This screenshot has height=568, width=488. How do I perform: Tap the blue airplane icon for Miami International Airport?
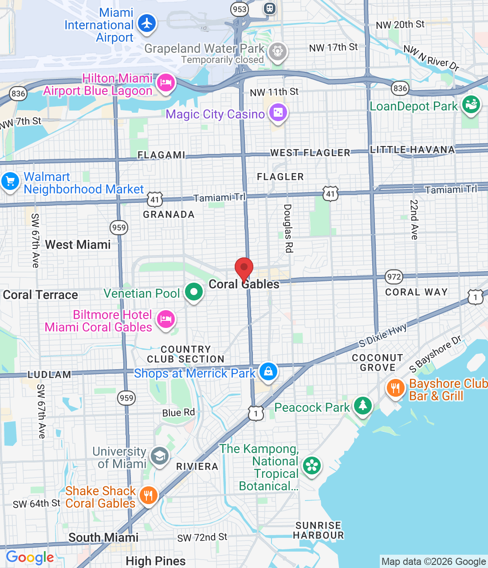pos(147,23)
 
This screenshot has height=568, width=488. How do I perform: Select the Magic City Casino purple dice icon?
pos(278,112)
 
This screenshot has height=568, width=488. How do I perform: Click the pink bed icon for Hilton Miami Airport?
pos(165,83)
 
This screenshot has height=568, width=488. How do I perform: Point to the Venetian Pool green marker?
pos(194,292)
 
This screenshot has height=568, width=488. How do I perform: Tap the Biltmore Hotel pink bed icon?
pos(166,319)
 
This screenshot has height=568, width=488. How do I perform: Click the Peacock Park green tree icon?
pos(362,405)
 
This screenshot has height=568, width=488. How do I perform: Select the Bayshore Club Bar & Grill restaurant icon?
pos(395,388)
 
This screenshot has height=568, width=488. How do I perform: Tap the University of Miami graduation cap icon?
pos(160,456)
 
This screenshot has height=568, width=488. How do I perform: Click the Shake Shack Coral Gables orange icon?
pos(148,495)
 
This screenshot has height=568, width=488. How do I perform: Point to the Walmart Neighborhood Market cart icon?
pos(10,181)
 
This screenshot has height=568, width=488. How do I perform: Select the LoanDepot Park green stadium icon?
pos(471,105)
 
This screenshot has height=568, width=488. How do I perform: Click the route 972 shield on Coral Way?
pos(394,277)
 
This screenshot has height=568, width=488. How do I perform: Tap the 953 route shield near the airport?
pos(240,9)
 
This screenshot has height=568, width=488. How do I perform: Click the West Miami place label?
pos(78,245)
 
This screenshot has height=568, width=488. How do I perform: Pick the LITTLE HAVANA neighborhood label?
pos(413,150)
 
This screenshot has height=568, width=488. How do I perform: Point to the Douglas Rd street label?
pos(288,229)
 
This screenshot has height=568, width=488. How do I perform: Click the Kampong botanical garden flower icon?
pos(312,465)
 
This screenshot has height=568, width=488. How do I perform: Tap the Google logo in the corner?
pos(30,557)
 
